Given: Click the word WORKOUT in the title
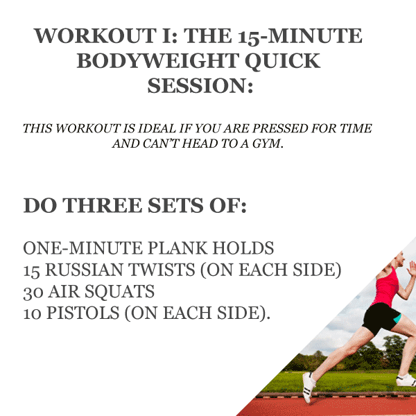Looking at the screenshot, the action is click(95, 36).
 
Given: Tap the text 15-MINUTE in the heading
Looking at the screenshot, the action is click(300, 36).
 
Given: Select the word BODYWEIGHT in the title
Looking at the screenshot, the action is click(158, 61).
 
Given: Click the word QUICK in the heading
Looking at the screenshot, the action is click(283, 62).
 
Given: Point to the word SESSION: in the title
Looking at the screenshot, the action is click(200, 86).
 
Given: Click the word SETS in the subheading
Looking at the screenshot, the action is click(175, 205).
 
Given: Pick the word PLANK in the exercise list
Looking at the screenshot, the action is click(177, 248).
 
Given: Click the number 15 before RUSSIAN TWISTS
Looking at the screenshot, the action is click(31, 270).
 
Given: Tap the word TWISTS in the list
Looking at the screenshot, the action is click(162, 270).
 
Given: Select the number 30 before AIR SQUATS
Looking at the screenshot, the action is click(33, 293).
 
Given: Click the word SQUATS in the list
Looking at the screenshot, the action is click(119, 292).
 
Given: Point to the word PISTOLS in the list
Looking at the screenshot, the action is click(83, 313).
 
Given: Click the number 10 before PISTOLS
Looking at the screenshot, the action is click(32, 313).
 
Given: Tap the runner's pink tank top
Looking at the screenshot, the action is click(386, 287).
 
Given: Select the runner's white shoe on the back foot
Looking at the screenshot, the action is click(309, 387).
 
